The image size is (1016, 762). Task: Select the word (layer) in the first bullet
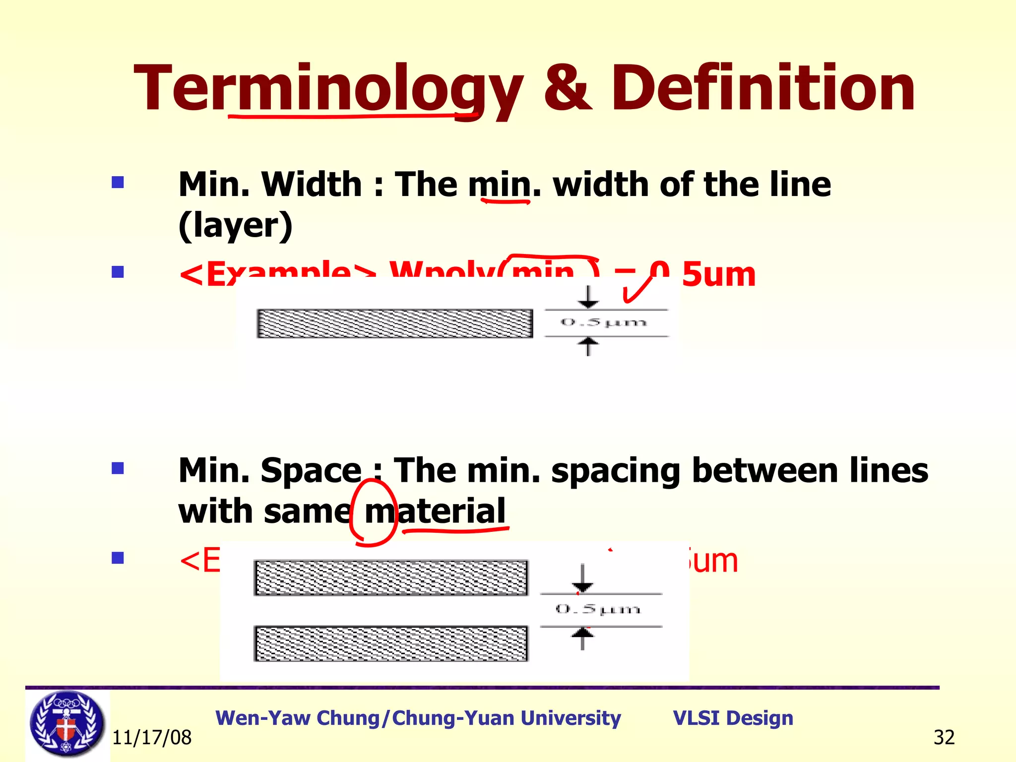click(x=235, y=226)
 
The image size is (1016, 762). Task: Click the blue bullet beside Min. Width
click(x=118, y=183)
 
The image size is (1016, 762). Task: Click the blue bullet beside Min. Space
click(x=118, y=468)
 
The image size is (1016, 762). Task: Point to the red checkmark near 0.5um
click(x=637, y=289)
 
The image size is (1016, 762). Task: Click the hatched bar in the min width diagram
click(x=394, y=323)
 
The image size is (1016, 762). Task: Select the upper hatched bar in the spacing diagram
click(x=391, y=578)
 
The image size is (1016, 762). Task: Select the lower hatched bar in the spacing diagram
click(x=391, y=643)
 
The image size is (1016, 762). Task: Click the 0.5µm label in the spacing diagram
click(x=598, y=609)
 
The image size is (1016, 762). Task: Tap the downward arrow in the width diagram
click(x=588, y=298)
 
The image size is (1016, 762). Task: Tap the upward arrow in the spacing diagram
click(x=582, y=637)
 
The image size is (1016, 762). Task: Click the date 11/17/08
click(x=152, y=738)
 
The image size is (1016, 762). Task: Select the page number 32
click(x=944, y=738)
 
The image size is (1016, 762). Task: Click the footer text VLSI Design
click(x=733, y=718)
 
